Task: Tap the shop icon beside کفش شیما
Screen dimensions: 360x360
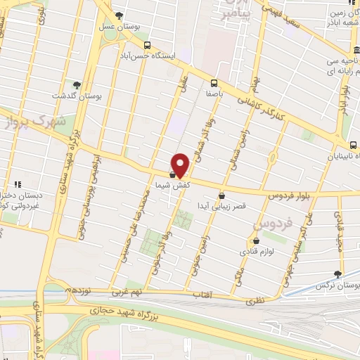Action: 173,173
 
